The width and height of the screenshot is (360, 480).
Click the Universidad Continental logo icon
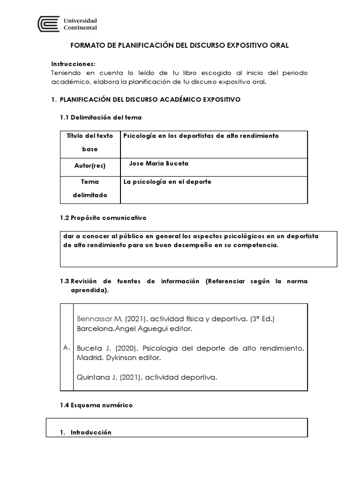(x=48, y=24)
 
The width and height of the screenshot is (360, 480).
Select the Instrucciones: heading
(x=73, y=64)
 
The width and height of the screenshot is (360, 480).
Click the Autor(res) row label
(x=90, y=165)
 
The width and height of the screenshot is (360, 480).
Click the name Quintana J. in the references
(x=94, y=377)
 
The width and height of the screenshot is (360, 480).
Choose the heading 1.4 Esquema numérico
(x=96, y=405)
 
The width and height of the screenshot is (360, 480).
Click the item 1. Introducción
(x=86, y=432)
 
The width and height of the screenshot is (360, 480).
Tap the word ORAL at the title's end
(x=279, y=45)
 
